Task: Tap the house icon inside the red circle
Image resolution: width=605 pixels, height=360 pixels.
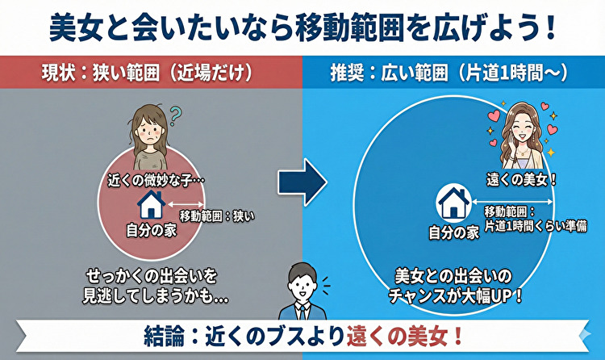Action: [x=151, y=202]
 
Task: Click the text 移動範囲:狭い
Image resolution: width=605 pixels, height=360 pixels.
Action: [x=215, y=216]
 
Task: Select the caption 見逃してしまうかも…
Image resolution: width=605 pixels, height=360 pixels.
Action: [x=155, y=296]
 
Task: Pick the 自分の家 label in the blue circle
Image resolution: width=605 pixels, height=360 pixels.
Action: [x=453, y=233]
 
